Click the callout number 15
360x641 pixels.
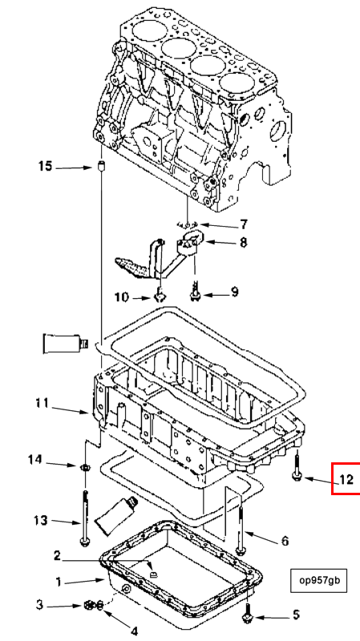pyautogui.click(x=46, y=167)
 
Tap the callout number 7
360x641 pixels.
pyautogui.click(x=244, y=224)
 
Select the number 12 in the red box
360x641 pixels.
pyautogui.click(x=346, y=478)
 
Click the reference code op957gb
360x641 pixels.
pyautogui.click(x=314, y=579)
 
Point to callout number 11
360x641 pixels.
pyautogui.click(x=42, y=404)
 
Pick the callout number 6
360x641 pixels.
pyautogui.click(x=285, y=541)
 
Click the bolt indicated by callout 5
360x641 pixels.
pyautogui.click(x=248, y=611)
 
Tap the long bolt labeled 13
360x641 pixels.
pyautogui.click(x=85, y=518)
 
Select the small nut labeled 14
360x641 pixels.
pyautogui.click(x=85, y=466)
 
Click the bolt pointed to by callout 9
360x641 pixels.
pyautogui.click(x=196, y=291)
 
